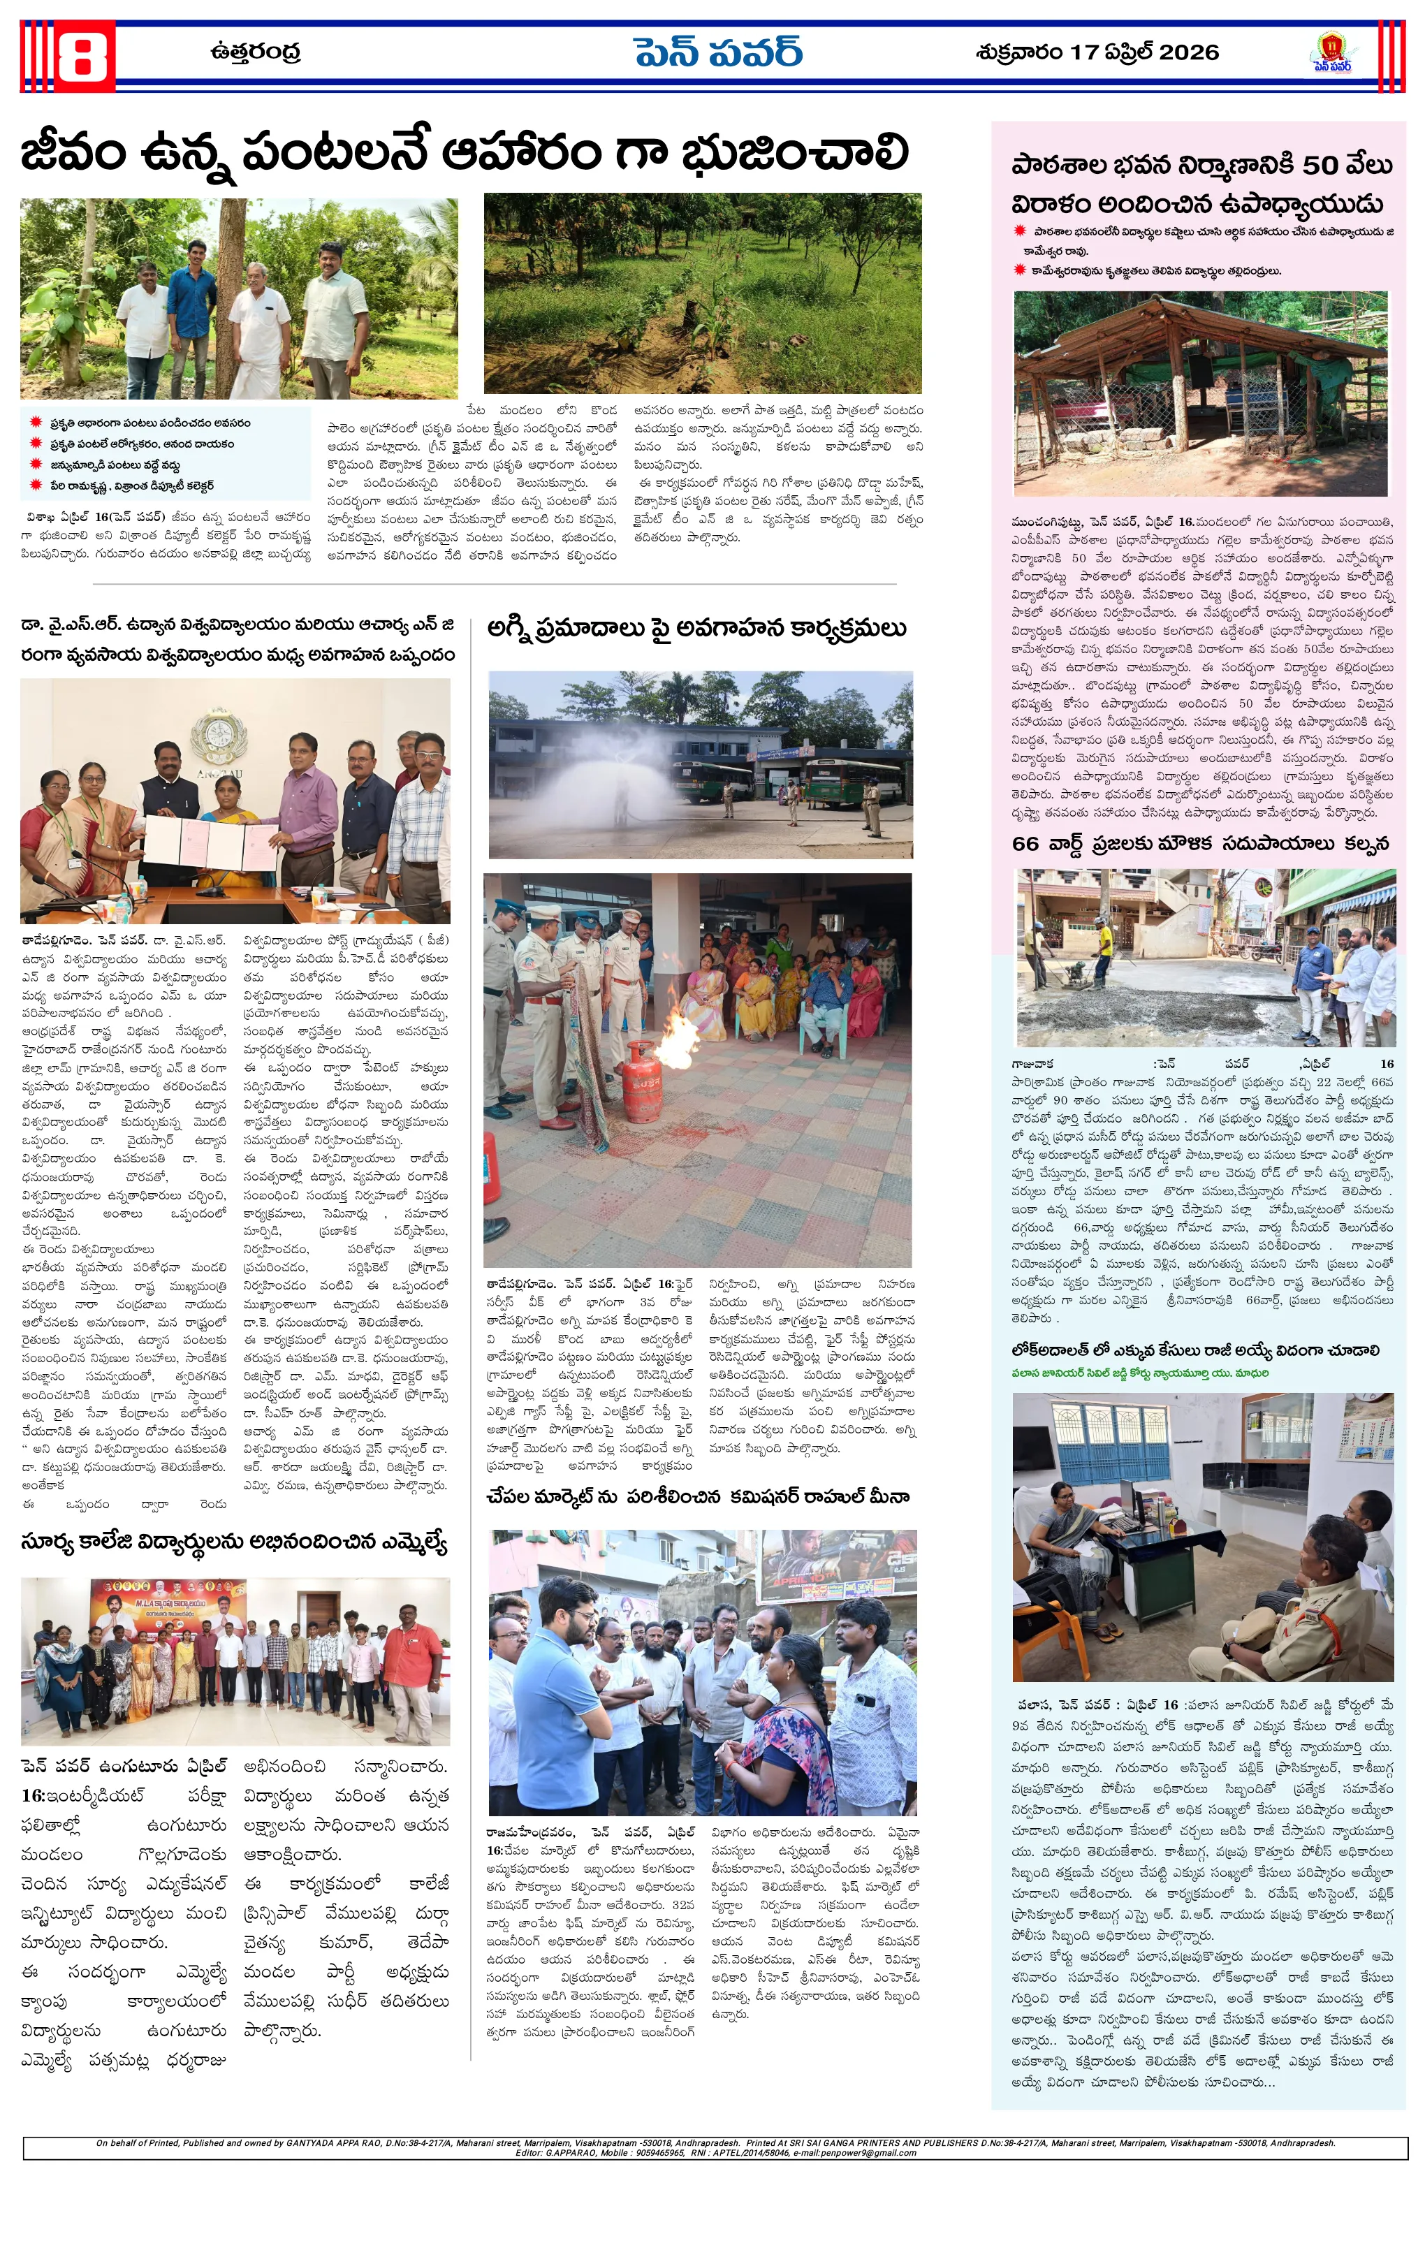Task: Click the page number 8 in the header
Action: click(82, 57)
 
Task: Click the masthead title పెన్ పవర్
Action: click(717, 53)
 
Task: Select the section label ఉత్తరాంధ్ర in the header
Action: click(255, 52)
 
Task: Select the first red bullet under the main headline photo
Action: click(36, 423)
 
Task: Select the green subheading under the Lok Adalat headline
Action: click(1139, 1373)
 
